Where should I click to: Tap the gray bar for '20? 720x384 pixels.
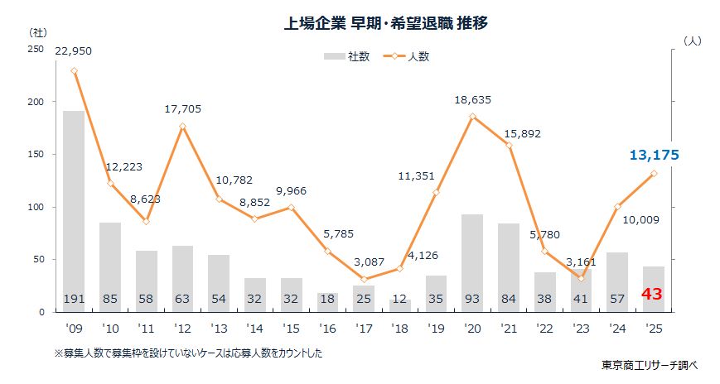point(472,261)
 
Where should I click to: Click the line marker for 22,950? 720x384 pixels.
point(74,71)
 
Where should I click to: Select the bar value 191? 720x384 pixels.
point(74,298)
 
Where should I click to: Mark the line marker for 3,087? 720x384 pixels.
point(364,279)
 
